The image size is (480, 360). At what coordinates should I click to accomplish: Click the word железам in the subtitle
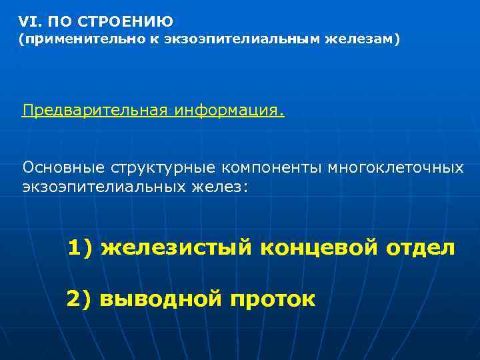360,41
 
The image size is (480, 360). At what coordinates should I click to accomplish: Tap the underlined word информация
231,109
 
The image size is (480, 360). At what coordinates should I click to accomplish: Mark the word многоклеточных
396,166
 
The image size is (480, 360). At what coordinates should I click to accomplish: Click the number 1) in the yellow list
81,248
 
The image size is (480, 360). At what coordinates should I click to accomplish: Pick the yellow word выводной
160,299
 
